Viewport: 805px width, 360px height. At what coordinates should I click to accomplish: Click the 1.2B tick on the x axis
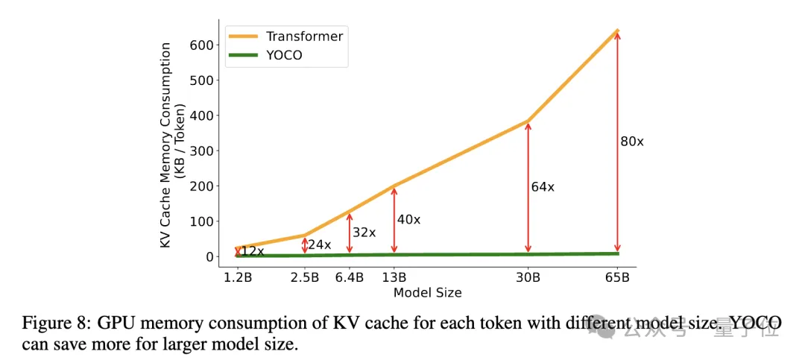[x=238, y=278]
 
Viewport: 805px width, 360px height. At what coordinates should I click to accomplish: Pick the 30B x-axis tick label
[x=528, y=278]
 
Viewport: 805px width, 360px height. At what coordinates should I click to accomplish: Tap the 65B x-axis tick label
[x=617, y=278]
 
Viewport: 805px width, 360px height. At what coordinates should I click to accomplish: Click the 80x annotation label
[x=631, y=141]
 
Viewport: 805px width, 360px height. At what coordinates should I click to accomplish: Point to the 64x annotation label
[x=543, y=187]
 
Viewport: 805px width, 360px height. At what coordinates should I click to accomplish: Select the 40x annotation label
[x=408, y=219]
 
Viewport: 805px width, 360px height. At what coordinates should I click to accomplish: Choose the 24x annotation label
[x=319, y=244]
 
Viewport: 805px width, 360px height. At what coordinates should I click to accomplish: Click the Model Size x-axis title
[x=427, y=293]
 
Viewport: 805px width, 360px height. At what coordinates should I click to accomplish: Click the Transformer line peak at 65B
[x=617, y=31]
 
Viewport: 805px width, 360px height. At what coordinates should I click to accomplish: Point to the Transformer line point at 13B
[x=394, y=186]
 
